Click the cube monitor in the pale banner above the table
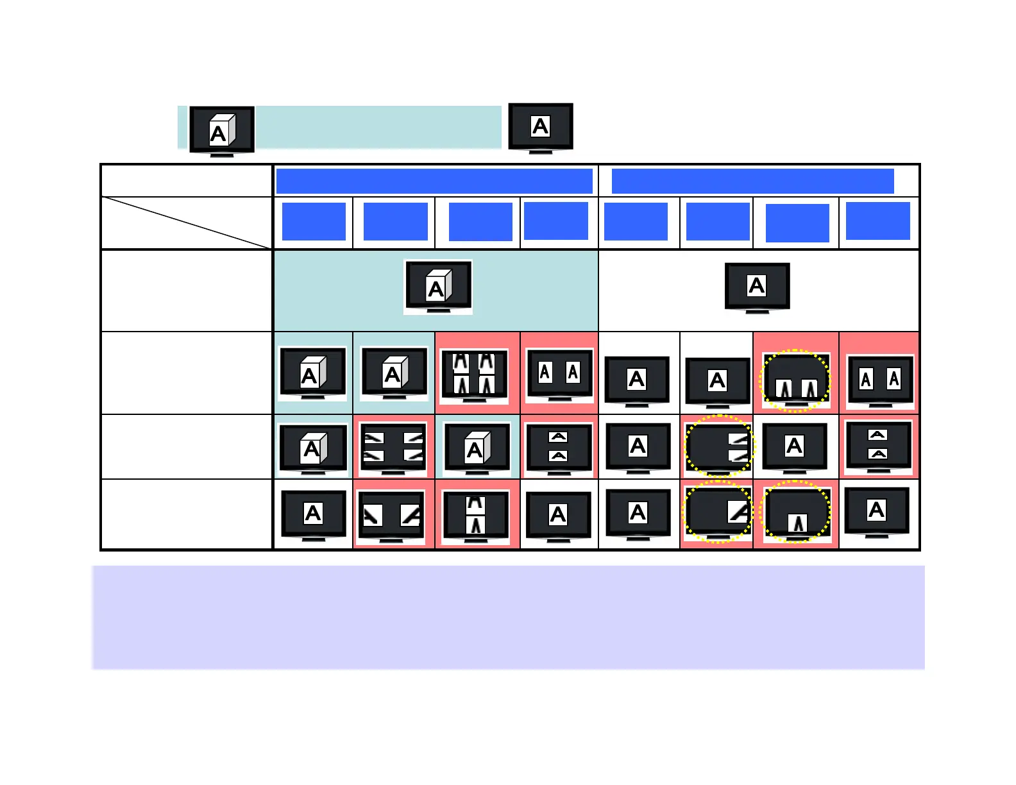(x=222, y=130)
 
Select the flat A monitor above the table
(x=540, y=127)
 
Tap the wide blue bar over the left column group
(x=434, y=181)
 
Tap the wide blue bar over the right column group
(x=752, y=181)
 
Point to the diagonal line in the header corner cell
(x=186, y=223)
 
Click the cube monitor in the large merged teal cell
(x=438, y=287)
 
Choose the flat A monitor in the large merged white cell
(x=757, y=287)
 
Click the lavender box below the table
(x=508, y=617)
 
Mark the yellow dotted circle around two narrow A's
(x=795, y=380)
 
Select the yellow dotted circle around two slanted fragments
(x=718, y=446)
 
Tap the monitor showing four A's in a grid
(x=475, y=376)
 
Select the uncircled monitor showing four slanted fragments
(x=393, y=447)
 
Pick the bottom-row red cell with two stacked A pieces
(x=476, y=515)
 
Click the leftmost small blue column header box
(x=314, y=221)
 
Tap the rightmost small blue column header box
(x=877, y=221)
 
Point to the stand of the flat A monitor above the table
(x=540, y=151)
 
